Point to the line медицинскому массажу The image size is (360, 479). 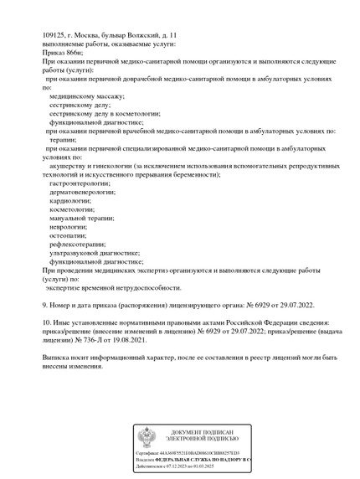[x=87, y=95]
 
